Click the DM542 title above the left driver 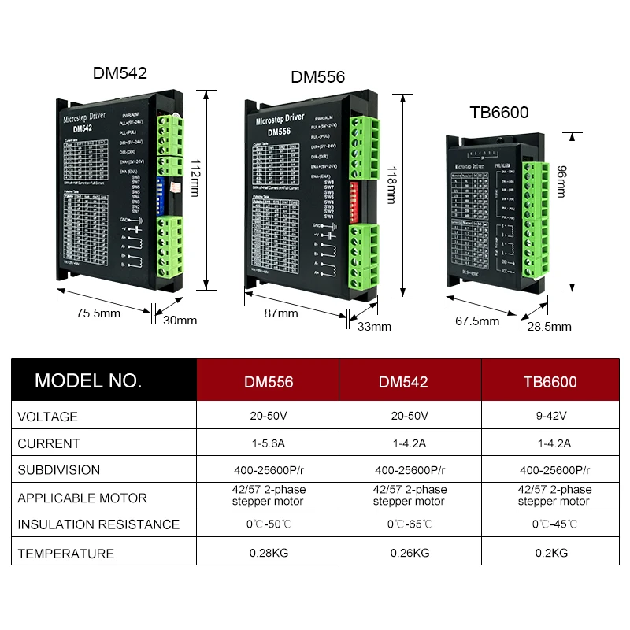tap(120, 73)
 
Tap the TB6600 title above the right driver tap(498, 113)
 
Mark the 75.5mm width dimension tap(98, 313)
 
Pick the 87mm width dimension tap(281, 313)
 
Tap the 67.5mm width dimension tap(477, 321)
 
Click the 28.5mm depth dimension tap(550, 326)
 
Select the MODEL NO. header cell tap(88, 381)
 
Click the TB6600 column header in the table tap(550, 382)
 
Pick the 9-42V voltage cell tap(550, 417)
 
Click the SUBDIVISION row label tap(59, 470)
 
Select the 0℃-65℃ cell tap(409, 524)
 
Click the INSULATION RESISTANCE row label tap(98, 524)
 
